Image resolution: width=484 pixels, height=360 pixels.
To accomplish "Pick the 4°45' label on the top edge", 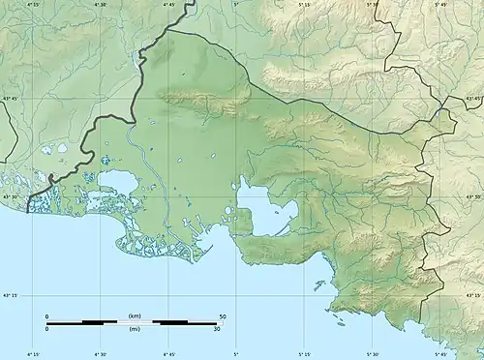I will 169,5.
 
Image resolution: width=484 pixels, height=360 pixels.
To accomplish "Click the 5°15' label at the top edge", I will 305,5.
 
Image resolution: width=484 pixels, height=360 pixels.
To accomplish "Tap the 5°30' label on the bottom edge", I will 374,355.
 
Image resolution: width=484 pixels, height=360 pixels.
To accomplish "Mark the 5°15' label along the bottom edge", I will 306,355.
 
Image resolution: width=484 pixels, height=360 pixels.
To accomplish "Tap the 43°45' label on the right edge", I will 474,98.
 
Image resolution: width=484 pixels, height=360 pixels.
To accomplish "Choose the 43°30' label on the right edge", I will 474,197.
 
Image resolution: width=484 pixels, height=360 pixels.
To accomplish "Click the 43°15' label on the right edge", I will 474,296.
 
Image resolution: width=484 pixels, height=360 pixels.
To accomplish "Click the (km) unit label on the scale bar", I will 134,316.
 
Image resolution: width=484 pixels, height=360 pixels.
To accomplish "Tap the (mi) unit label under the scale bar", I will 134,329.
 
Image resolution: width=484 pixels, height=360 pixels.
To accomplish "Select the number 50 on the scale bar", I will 223,316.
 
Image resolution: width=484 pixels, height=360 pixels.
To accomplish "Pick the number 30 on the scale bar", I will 218,329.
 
